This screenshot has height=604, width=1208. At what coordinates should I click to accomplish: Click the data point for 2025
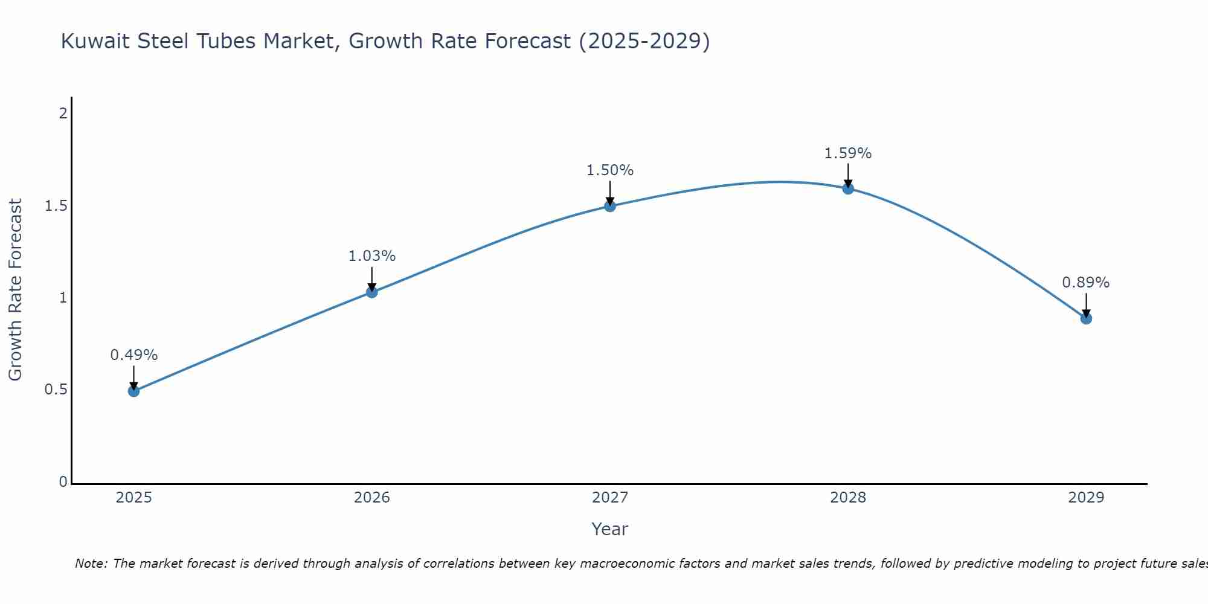click(x=134, y=391)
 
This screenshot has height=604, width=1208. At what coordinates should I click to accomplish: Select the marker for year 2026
click(x=372, y=292)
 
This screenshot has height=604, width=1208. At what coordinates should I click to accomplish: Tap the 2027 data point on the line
click(x=610, y=206)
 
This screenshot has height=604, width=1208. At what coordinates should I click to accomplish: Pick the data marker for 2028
click(x=848, y=188)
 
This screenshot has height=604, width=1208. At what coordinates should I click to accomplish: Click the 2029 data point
click(x=1086, y=318)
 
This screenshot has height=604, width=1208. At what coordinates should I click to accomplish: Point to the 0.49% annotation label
click(x=134, y=355)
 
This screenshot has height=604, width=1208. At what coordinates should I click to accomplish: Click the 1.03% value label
click(x=372, y=256)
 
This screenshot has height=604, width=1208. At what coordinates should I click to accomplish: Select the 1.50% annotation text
click(x=610, y=170)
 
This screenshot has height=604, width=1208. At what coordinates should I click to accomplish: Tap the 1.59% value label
click(x=848, y=153)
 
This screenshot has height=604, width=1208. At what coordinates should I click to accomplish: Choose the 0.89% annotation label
click(x=1086, y=283)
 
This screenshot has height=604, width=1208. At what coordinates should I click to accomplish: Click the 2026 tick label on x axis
click(x=372, y=498)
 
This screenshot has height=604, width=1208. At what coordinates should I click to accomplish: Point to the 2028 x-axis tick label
click(x=848, y=498)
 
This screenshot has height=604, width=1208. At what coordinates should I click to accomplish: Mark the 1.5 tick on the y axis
click(x=56, y=206)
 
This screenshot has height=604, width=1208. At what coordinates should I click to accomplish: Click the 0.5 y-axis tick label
click(x=56, y=390)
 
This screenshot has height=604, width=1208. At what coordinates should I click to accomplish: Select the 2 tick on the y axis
click(x=63, y=113)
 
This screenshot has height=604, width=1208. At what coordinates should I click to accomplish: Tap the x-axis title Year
click(x=610, y=529)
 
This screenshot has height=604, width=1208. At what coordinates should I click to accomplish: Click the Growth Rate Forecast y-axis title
click(x=16, y=290)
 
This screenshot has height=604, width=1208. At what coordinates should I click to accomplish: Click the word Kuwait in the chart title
click(x=96, y=41)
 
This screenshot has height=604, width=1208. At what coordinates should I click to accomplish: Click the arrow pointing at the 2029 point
click(x=1086, y=306)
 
